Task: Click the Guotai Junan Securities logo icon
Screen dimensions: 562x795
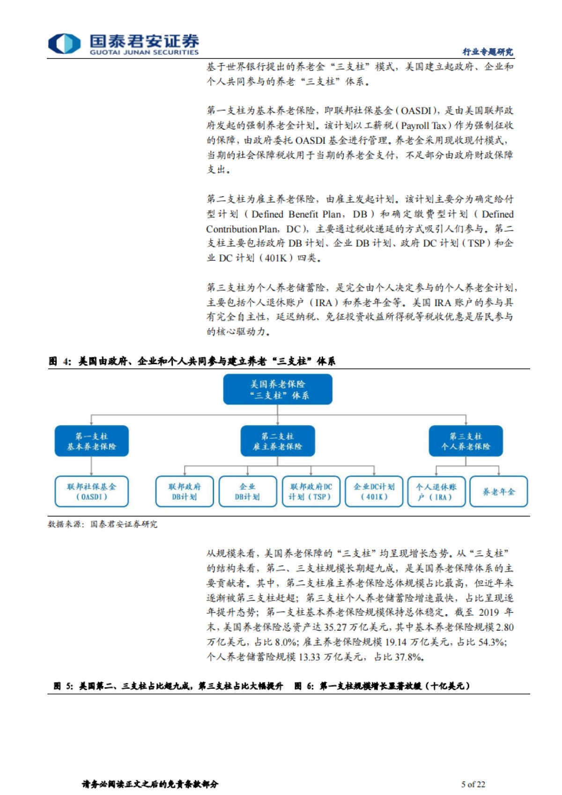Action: [64, 44]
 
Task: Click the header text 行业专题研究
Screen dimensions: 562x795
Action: [488, 52]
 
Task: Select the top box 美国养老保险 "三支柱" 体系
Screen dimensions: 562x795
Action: [278, 390]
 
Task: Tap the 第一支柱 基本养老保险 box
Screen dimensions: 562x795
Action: [91, 441]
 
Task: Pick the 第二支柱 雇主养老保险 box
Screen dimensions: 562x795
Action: [278, 441]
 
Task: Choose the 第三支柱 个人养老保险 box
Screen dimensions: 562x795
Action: [466, 441]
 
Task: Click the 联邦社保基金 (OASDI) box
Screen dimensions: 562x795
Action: [91, 492]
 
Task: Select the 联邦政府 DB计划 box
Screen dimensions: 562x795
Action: [185, 492]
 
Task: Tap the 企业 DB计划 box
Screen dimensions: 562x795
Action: [247, 492]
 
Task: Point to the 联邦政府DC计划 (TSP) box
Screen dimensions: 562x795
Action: [311, 492]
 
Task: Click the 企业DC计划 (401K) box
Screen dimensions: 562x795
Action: [374, 492]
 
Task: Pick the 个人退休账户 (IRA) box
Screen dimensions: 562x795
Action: [436, 492]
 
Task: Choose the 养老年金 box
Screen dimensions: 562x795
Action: [498, 492]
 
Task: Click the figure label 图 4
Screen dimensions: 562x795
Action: [59, 361]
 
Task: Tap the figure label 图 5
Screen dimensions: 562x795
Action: [63, 686]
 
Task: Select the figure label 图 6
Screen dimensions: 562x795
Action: [304, 686]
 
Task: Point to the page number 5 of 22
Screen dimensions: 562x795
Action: [473, 784]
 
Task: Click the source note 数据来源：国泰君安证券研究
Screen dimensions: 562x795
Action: [103, 524]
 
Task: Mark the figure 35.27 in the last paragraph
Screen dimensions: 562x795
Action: [336, 627]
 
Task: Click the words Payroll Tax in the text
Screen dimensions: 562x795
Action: [424, 125]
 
